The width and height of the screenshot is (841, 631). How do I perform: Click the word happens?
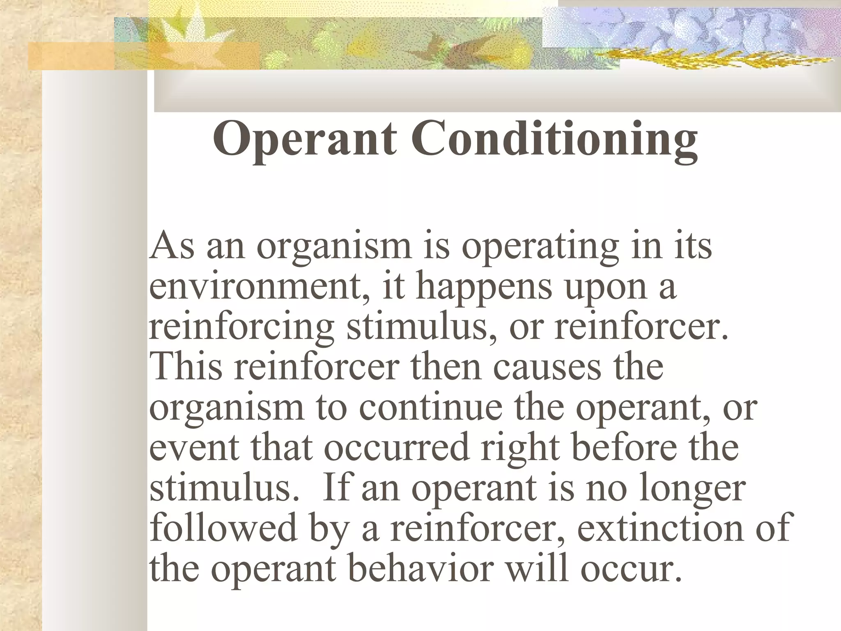[484, 288]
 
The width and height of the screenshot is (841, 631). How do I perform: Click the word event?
[193, 447]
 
